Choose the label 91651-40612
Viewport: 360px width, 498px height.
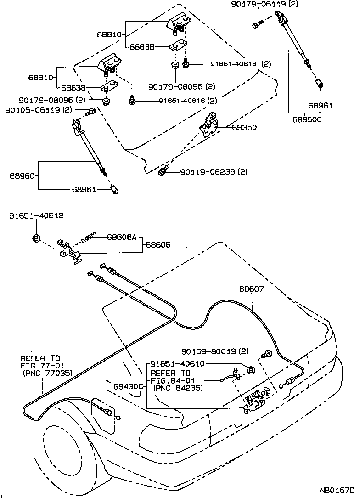36,215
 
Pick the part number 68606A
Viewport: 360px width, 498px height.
122,237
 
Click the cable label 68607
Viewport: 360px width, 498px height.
251,289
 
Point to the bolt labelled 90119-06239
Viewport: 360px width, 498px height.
163,172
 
